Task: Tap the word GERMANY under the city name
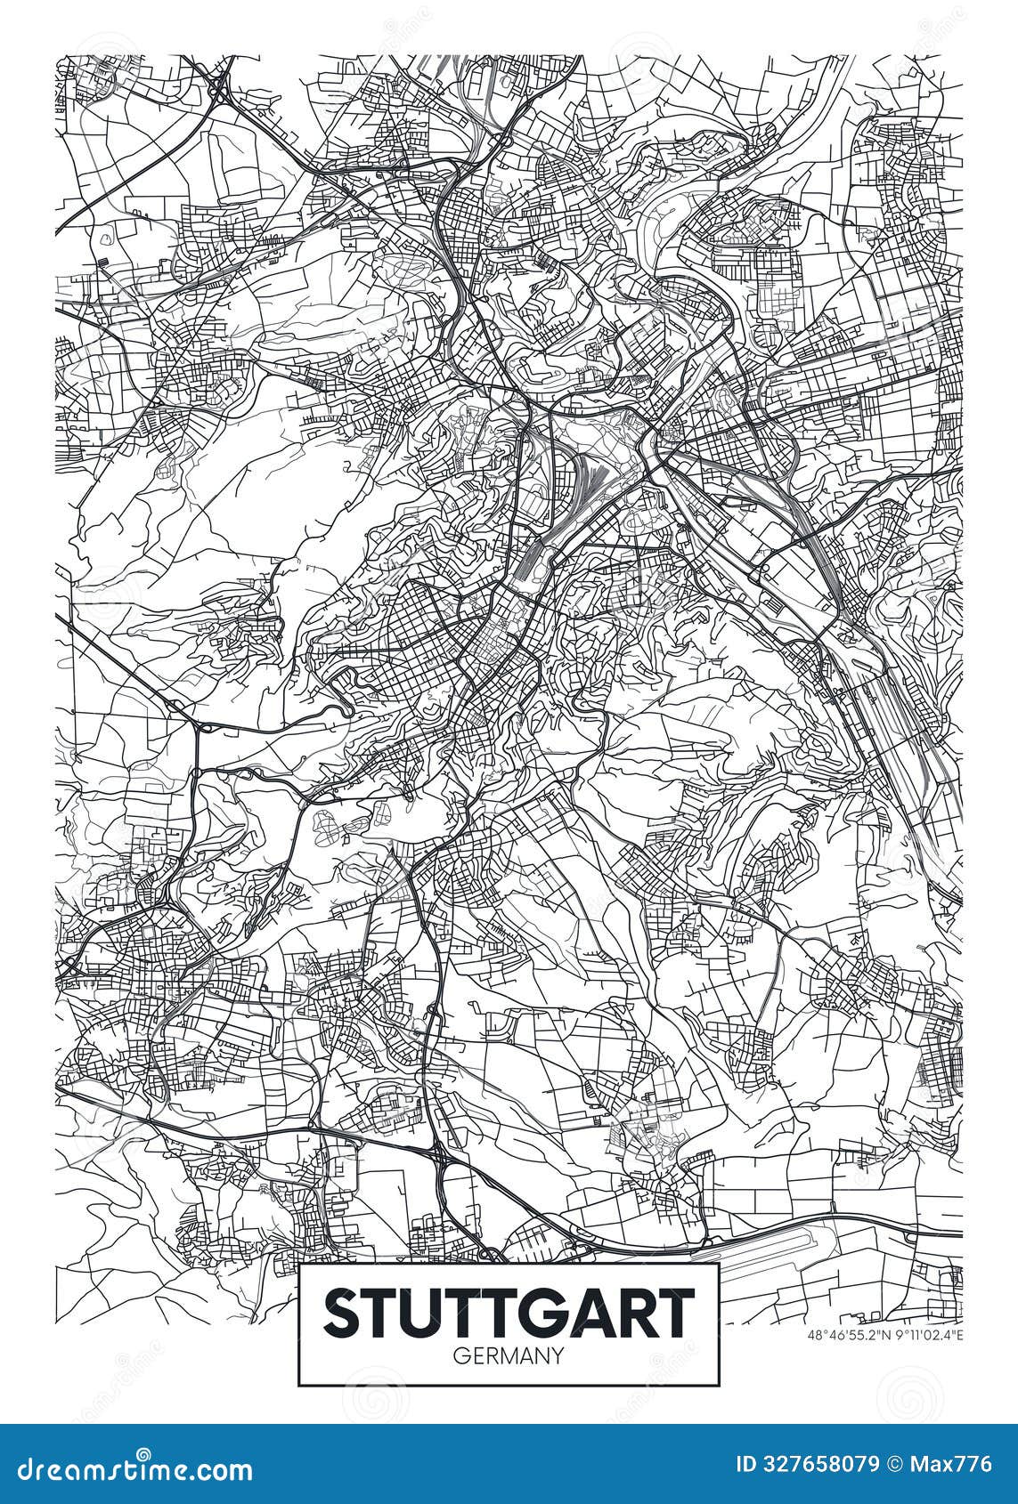tap(509, 1356)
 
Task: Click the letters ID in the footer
tap(746, 1464)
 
